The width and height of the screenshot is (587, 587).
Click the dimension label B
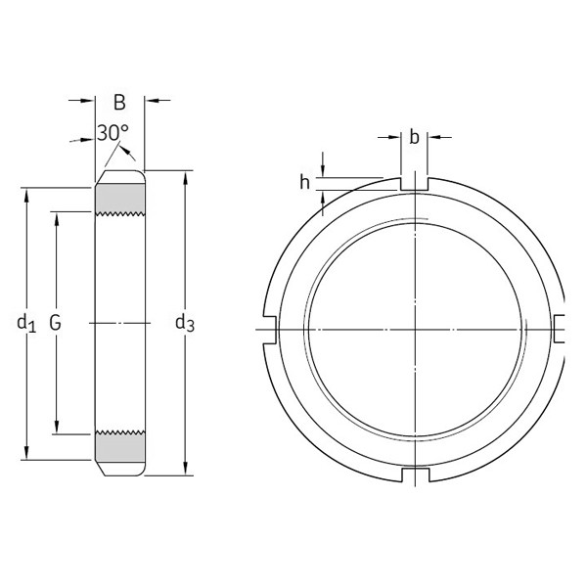(x=119, y=102)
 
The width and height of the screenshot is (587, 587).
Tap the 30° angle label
(x=113, y=133)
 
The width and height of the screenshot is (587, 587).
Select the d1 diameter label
(x=26, y=322)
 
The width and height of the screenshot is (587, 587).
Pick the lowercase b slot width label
(x=414, y=138)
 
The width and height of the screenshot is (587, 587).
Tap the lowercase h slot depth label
(x=305, y=181)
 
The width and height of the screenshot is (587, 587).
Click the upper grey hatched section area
(x=119, y=200)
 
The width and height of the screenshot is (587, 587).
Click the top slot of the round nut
(x=415, y=183)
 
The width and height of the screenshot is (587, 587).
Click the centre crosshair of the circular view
(x=415, y=330)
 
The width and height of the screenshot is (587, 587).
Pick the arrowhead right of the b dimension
(x=433, y=137)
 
